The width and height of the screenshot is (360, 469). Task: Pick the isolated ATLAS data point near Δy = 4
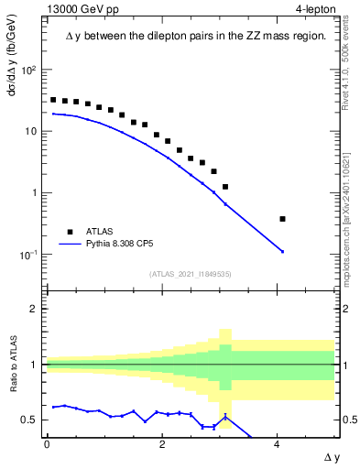point(282,219)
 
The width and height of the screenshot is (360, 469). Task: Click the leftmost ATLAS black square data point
point(53,100)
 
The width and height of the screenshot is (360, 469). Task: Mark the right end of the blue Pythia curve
point(282,252)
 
